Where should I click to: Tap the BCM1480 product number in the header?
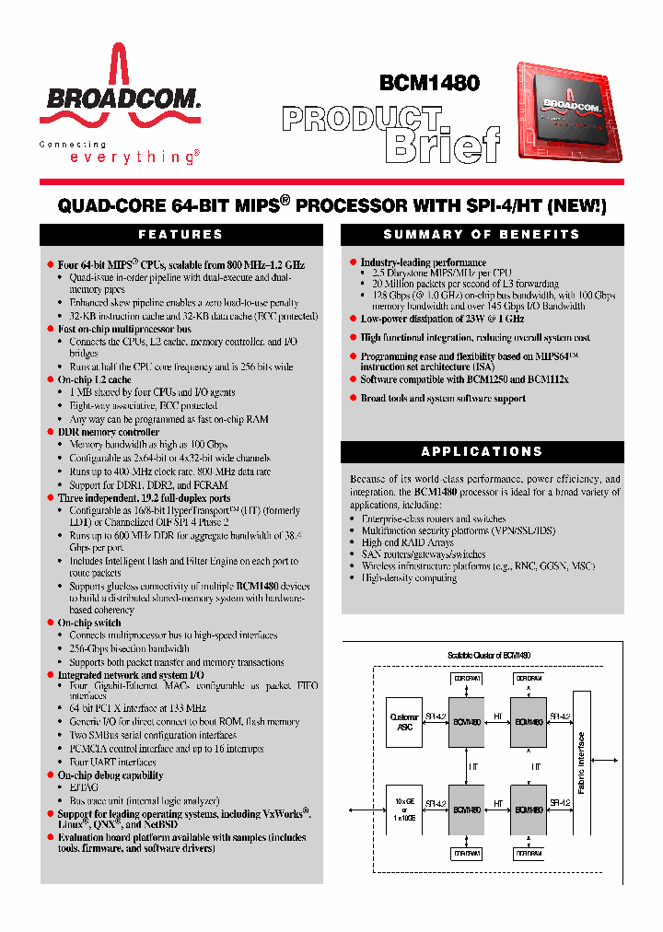(x=429, y=83)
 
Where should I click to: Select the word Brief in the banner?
(x=442, y=145)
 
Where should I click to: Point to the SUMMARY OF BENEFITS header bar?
(x=482, y=234)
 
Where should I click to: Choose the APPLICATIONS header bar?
(x=482, y=451)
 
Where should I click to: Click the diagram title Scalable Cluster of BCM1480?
(x=488, y=655)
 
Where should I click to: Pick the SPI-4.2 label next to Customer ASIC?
(x=436, y=715)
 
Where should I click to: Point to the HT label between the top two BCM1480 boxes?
(x=497, y=715)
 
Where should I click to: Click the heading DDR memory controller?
(x=109, y=432)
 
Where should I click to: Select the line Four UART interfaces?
(x=113, y=762)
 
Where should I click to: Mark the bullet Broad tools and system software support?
(x=443, y=399)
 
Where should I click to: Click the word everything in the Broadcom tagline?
(x=134, y=157)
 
